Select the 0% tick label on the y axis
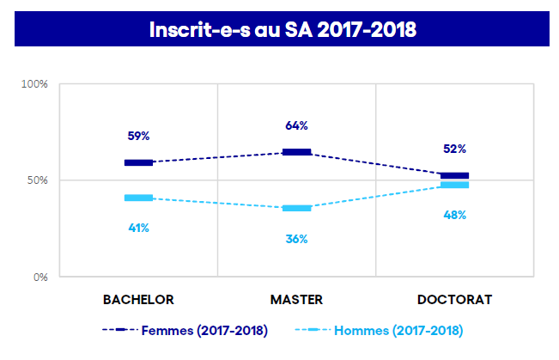coord(39,277)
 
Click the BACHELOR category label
coord(138,300)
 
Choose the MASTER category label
coord(296,300)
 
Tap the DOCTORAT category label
coord(454,300)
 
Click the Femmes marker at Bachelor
coord(138,162)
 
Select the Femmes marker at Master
coord(296,152)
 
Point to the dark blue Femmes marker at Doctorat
coord(454,175)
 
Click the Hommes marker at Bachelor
coord(138,198)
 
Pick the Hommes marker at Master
coord(296,208)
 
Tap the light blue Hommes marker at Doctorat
coord(454,185)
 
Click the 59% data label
coord(138,136)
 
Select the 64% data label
coord(296,126)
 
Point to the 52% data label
coord(454,149)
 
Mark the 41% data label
coord(138,228)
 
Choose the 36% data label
coord(296,239)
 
